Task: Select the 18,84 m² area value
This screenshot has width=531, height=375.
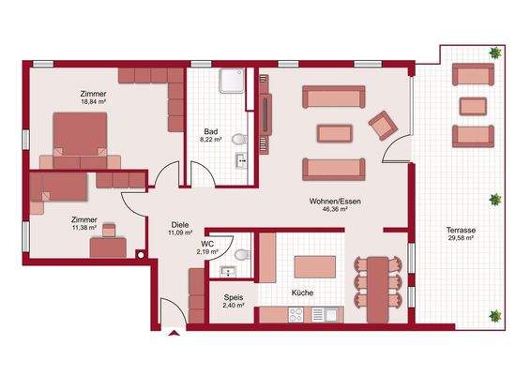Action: coord(93,104)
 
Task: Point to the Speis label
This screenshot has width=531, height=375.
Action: coord(234,296)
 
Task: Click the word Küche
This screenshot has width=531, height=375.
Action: coord(302,293)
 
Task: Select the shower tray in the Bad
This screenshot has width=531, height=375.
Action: coord(231,82)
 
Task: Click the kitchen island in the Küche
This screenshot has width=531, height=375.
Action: coord(314,267)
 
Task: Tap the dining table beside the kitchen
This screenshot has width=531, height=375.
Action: coord(377,282)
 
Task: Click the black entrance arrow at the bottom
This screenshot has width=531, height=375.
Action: coord(174,332)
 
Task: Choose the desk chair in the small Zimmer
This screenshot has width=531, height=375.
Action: coord(111,228)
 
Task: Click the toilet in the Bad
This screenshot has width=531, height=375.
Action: coord(237,141)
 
